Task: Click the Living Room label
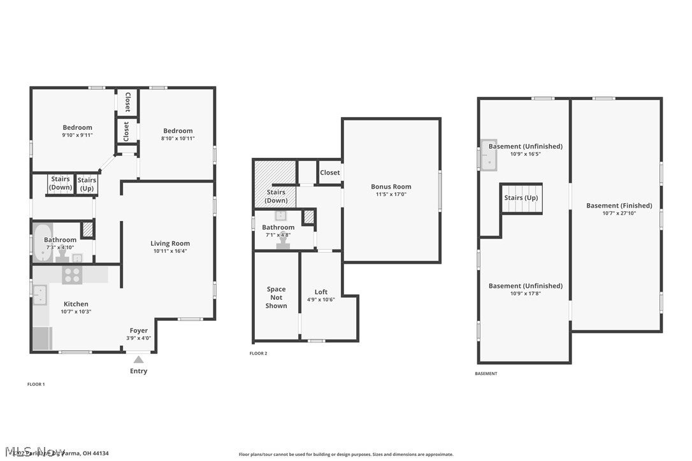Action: click(170, 243)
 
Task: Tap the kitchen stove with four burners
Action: click(71, 275)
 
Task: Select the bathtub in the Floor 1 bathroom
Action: click(43, 243)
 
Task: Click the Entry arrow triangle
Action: click(138, 360)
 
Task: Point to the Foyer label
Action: click(138, 330)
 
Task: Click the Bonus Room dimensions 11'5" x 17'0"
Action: click(391, 194)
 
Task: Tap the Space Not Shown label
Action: click(276, 297)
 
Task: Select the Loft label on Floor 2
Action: click(321, 292)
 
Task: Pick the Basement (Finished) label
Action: click(619, 206)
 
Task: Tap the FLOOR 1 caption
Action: click(36, 385)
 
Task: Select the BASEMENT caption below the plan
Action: click(486, 374)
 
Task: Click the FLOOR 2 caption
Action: click(258, 353)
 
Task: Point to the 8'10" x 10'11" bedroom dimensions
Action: click(178, 138)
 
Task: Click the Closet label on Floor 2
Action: click(330, 173)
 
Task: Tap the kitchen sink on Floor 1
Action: click(40, 295)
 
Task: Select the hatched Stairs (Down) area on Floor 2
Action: click(275, 183)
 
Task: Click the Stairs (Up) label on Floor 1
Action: click(87, 184)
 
